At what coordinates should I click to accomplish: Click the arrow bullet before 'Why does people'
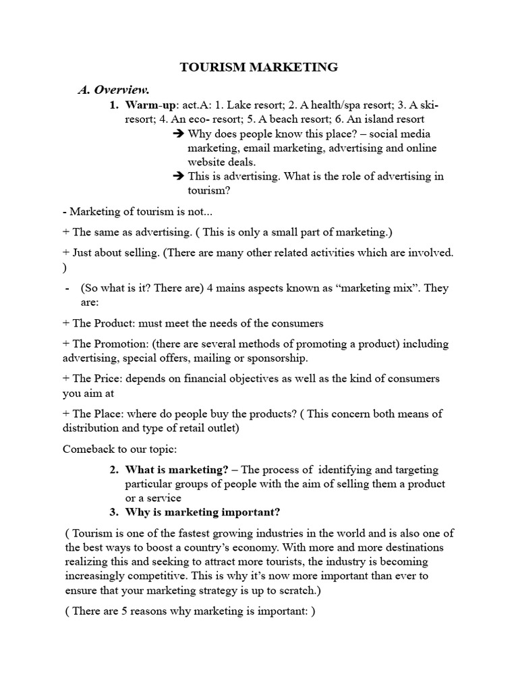point(179,134)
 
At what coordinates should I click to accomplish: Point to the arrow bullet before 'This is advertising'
point(179,177)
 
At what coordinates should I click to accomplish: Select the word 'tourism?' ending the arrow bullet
point(209,191)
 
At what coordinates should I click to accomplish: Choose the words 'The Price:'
point(96,379)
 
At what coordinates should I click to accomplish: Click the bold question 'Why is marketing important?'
point(202,512)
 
